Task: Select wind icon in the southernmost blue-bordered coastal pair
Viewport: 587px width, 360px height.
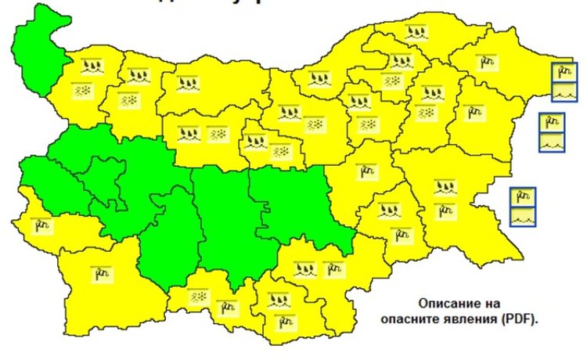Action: (523, 197)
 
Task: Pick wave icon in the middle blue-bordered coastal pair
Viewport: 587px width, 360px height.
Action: (551, 143)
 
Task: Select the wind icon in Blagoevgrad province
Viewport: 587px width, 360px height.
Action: (103, 273)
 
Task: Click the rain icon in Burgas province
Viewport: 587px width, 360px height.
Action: (445, 188)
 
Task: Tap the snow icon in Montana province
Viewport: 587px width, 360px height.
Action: (81, 91)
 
